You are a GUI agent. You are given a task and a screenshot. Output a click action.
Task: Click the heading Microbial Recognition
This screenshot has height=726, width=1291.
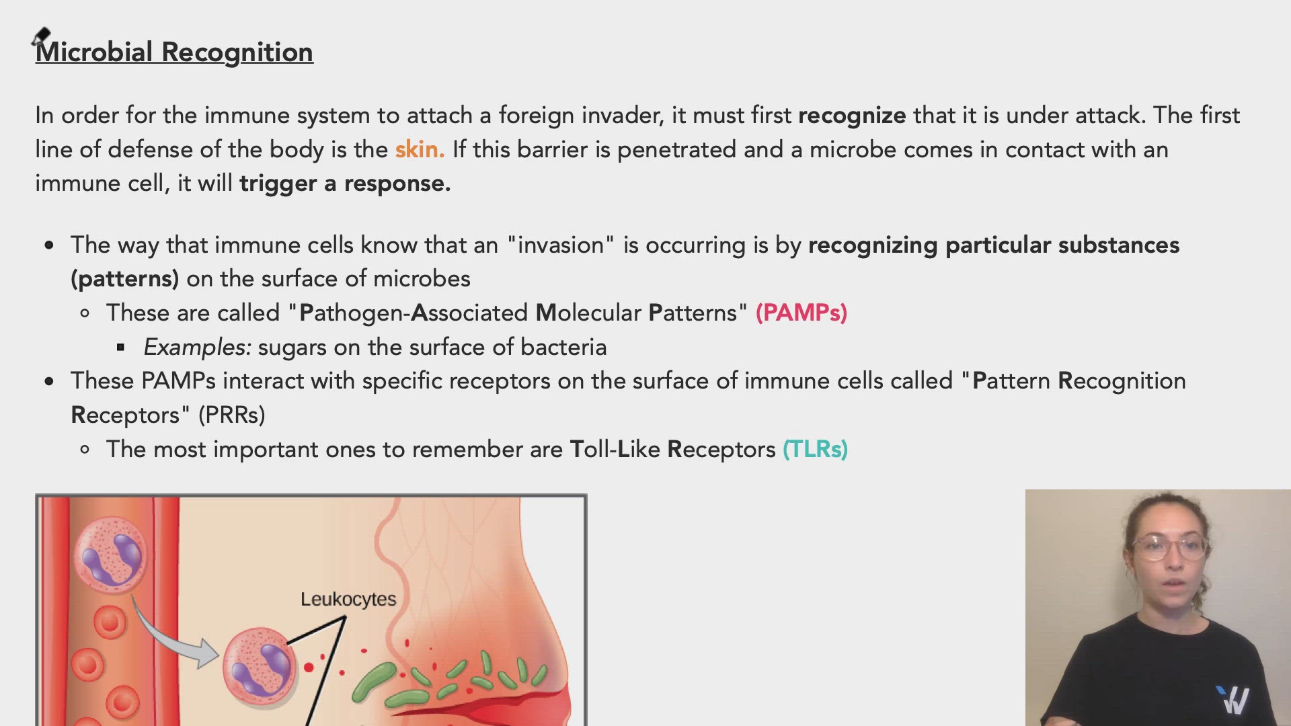click(x=174, y=52)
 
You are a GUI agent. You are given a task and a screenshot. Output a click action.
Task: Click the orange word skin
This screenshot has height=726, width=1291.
click(x=419, y=149)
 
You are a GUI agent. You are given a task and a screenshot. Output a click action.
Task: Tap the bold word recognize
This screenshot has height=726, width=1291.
click(x=851, y=116)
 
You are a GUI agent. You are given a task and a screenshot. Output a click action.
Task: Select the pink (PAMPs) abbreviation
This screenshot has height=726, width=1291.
click(x=801, y=313)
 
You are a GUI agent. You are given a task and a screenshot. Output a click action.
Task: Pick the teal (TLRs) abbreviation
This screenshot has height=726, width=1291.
click(x=815, y=450)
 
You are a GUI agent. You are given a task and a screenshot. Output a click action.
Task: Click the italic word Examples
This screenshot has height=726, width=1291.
click(x=196, y=348)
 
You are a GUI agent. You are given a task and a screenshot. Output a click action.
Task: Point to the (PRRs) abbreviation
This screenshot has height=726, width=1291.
click(x=231, y=415)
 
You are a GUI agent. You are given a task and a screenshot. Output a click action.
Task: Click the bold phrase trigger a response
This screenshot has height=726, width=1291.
click(x=345, y=184)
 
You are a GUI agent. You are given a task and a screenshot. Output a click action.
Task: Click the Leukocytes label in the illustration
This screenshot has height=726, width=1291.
click(x=348, y=599)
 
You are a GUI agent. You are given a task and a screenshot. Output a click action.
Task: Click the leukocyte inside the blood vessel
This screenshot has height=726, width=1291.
click(x=110, y=555)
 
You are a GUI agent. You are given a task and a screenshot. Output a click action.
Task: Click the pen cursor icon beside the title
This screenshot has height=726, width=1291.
click(x=41, y=36)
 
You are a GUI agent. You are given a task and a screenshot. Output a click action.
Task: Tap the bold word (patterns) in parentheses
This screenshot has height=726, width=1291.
click(x=124, y=279)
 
